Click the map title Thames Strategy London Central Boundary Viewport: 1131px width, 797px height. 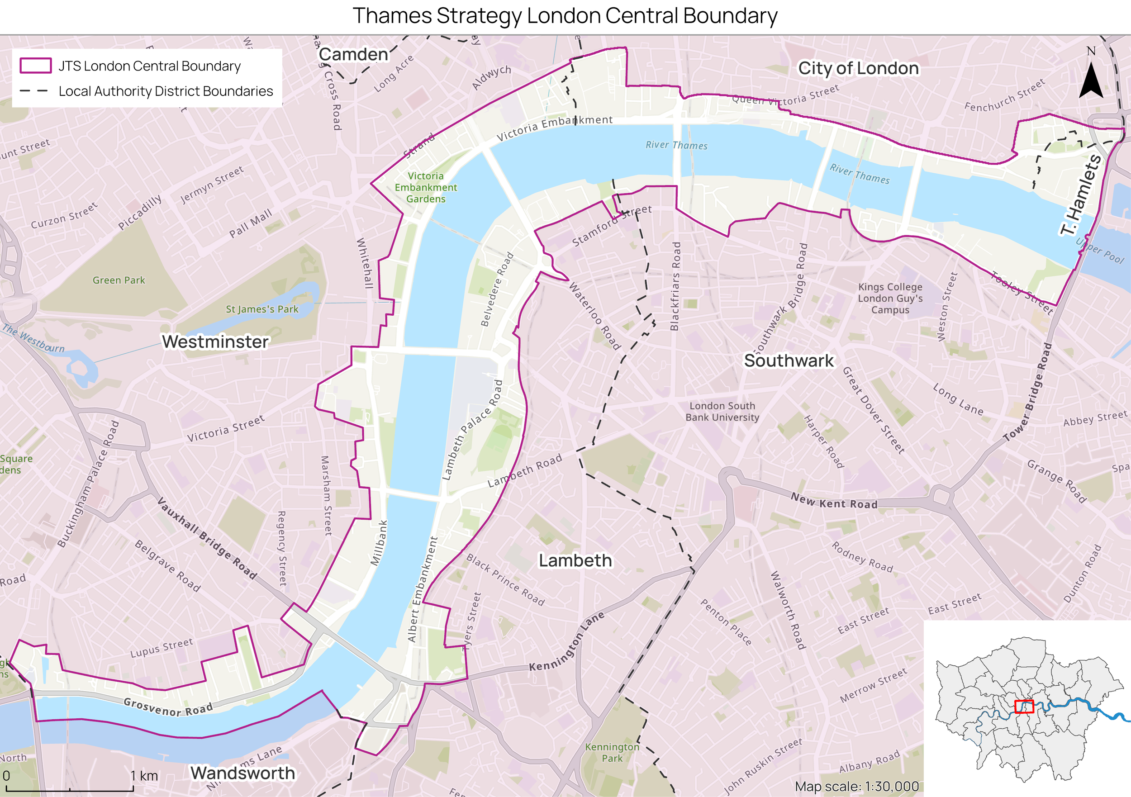pyautogui.click(x=565, y=16)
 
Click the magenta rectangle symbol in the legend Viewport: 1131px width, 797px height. pyautogui.click(x=35, y=66)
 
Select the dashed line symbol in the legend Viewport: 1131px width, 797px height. pyautogui.click(x=34, y=91)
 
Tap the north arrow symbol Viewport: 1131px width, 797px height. pyautogui.click(x=1091, y=79)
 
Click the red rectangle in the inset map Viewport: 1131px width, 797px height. pyautogui.click(x=1024, y=707)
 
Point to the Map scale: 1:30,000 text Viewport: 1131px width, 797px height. pyautogui.click(x=857, y=786)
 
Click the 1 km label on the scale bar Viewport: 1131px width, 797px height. pyautogui.click(x=144, y=776)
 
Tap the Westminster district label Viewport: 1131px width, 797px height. pyautogui.click(x=215, y=342)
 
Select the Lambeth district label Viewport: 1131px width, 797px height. pyautogui.click(x=575, y=560)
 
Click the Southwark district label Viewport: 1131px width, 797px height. pyautogui.click(x=789, y=360)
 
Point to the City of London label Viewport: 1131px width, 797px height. pyautogui.click(x=858, y=68)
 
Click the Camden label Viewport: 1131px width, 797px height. pyautogui.click(x=353, y=54)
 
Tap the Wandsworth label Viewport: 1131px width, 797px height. pyautogui.click(x=242, y=773)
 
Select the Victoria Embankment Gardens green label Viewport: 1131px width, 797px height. pyautogui.click(x=426, y=187)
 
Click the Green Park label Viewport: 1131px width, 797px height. pyautogui.click(x=119, y=280)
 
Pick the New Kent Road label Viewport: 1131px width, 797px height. pyautogui.click(x=834, y=501)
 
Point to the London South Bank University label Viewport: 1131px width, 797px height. pyautogui.click(x=722, y=411)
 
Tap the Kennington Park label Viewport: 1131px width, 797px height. pyautogui.click(x=612, y=752)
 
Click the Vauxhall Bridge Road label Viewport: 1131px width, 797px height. pyautogui.click(x=207, y=538)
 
